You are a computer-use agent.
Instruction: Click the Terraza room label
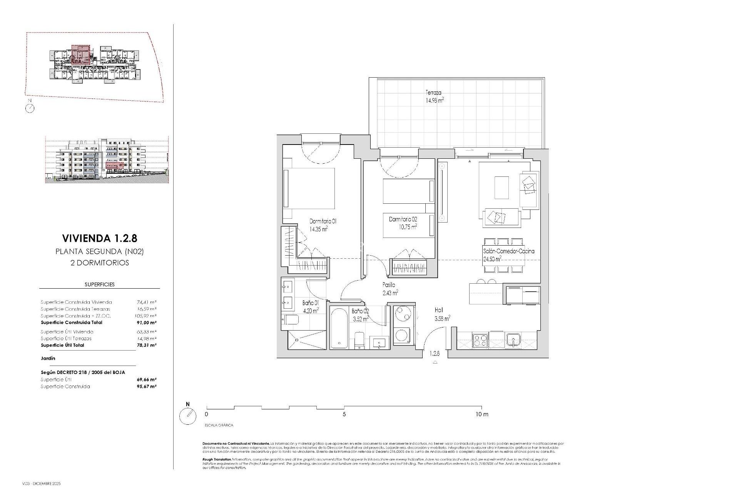(x=433, y=93)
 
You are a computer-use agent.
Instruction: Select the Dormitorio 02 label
(x=403, y=219)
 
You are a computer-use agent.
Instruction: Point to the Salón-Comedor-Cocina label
(x=508, y=251)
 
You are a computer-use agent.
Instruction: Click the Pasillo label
(x=389, y=285)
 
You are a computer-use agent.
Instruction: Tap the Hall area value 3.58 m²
(x=442, y=318)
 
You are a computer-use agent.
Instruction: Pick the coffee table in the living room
(x=502, y=187)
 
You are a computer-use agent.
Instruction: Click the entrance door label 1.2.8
(x=435, y=353)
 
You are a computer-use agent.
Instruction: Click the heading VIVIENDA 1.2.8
(x=99, y=238)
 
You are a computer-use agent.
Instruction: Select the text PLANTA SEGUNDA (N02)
(x=99, y=252)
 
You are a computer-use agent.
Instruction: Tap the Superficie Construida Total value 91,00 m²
(x=146, y=322)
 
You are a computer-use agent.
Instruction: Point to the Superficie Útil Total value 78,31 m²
(x=146, y=345)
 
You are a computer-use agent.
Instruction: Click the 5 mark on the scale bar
(x=344, y=414)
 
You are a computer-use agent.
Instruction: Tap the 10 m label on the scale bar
(x=482, y=414)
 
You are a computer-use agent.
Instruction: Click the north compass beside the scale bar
(x=188, y=416)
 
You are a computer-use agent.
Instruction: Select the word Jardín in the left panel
(x=48, y=358)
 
